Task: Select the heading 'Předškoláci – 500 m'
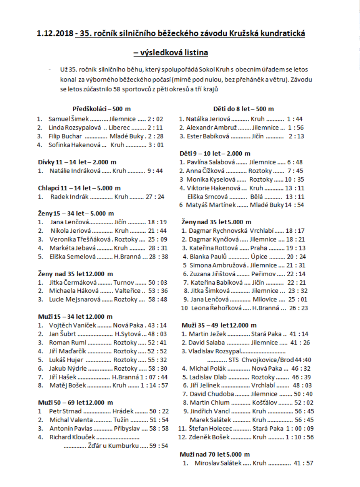pos(102,109)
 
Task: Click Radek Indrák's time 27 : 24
pos(155,197)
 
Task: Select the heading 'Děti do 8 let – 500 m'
pos(244,109)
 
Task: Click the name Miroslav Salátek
pos(218,463)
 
